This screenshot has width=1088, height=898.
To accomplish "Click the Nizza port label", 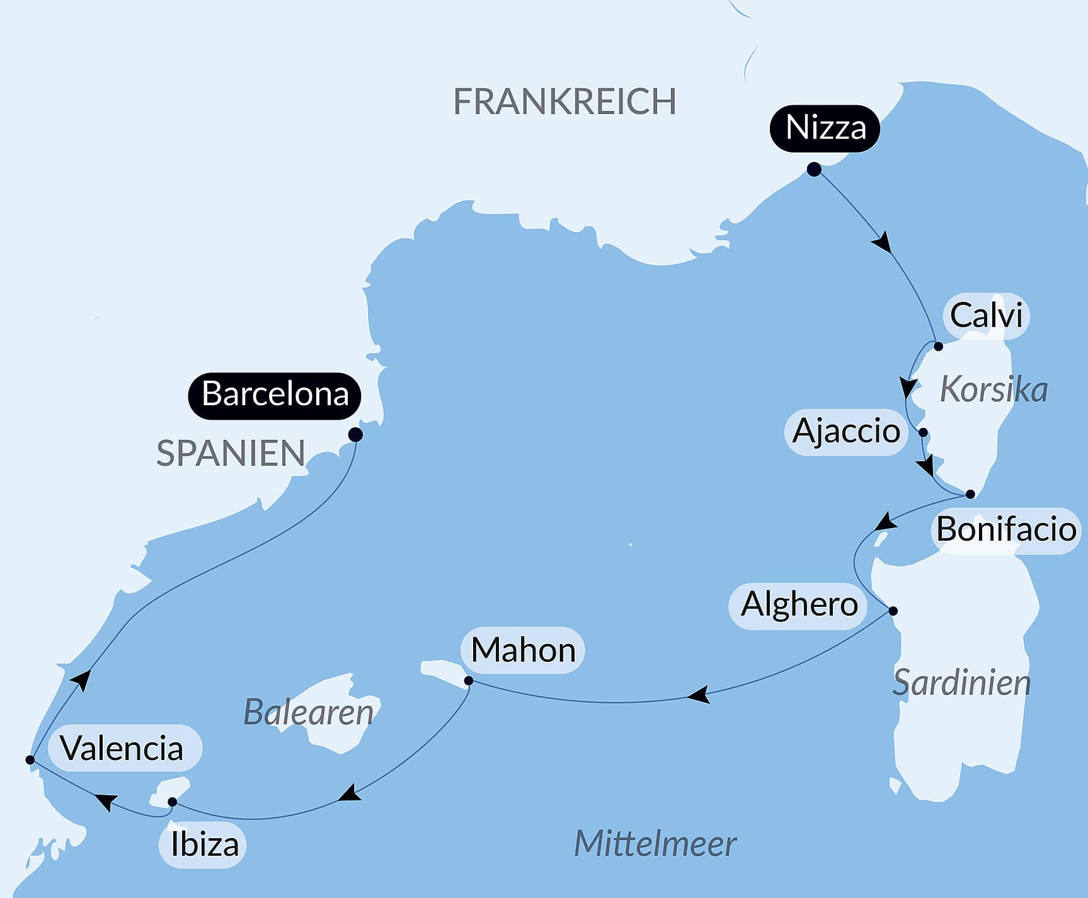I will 825,128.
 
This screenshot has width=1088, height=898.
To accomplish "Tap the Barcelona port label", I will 275,395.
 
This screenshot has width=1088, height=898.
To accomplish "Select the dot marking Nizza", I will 814,170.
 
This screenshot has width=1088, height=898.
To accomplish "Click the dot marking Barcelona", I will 355,435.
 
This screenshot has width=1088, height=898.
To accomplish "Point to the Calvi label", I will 986,316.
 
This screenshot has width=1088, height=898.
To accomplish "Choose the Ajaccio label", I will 846,432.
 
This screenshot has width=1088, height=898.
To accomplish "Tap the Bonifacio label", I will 1005,529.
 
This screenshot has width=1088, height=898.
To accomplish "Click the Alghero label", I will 799,605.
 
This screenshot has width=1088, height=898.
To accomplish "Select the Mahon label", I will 523,650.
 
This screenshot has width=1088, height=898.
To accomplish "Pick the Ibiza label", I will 204,845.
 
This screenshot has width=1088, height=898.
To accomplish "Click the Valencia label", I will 122,749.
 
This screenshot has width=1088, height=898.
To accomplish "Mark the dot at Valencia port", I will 30,760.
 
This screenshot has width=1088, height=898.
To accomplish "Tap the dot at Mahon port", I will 469,681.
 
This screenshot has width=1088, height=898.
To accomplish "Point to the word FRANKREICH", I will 564,101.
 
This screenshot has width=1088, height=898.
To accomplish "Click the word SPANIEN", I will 231,454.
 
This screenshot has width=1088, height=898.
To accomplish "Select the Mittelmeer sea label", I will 655,844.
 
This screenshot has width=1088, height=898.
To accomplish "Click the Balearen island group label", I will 308,713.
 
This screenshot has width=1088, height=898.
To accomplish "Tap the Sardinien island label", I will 961,683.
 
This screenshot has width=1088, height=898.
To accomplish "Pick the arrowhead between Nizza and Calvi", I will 882,242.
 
